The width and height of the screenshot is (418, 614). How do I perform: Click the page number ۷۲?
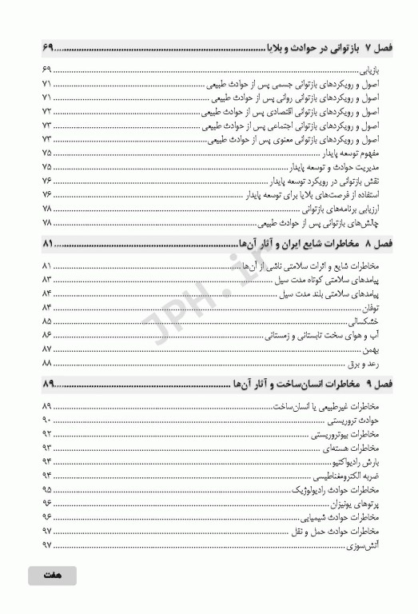[46, 111]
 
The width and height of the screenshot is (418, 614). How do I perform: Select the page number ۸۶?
[46, 336]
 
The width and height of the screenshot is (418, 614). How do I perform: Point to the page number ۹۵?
[46, 489]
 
